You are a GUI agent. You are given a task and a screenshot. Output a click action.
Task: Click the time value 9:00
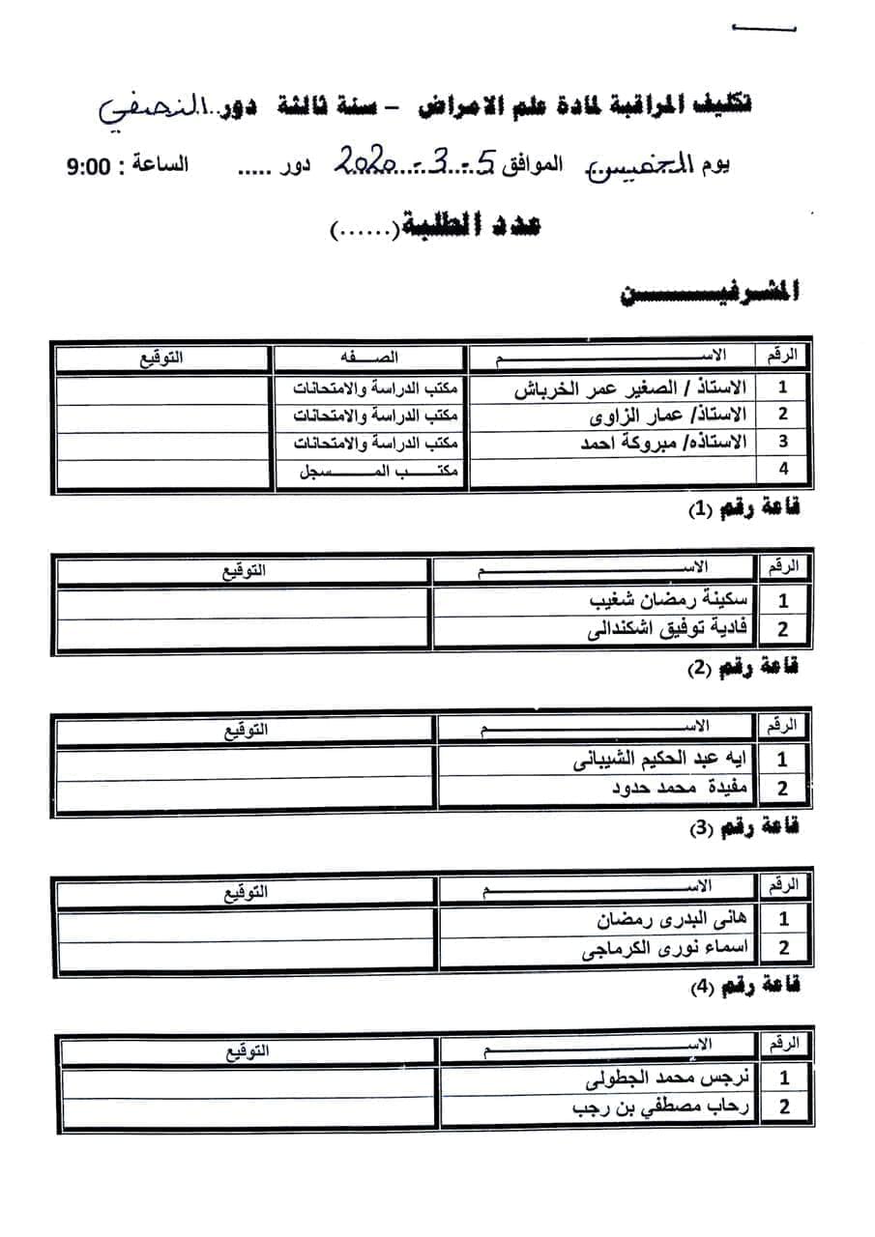[x=89, y=165]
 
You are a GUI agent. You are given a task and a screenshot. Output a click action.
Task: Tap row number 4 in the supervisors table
[x=783, y=470]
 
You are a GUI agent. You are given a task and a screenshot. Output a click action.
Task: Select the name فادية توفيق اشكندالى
[x=667, y=630]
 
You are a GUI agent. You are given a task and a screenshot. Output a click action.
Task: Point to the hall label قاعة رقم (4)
[x=744, y=987]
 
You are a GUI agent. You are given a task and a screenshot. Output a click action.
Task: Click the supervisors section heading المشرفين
[x=711, y=294]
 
